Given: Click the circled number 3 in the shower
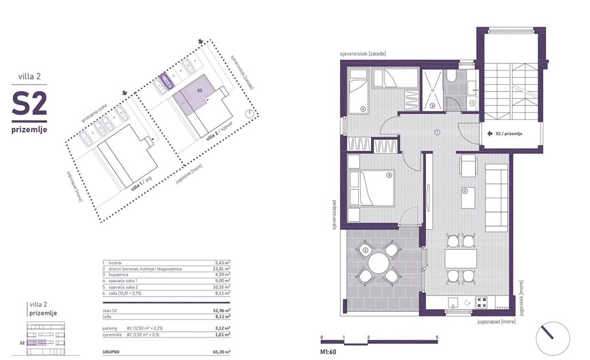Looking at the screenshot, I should [433, 106].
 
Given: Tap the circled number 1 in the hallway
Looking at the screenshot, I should [437, 132].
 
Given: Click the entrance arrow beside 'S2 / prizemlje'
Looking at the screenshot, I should [489, 134].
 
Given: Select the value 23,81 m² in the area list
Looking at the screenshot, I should [221, 268].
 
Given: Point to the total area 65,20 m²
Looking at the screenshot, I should [221, 351].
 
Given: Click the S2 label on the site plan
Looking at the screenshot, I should [199, 91].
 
